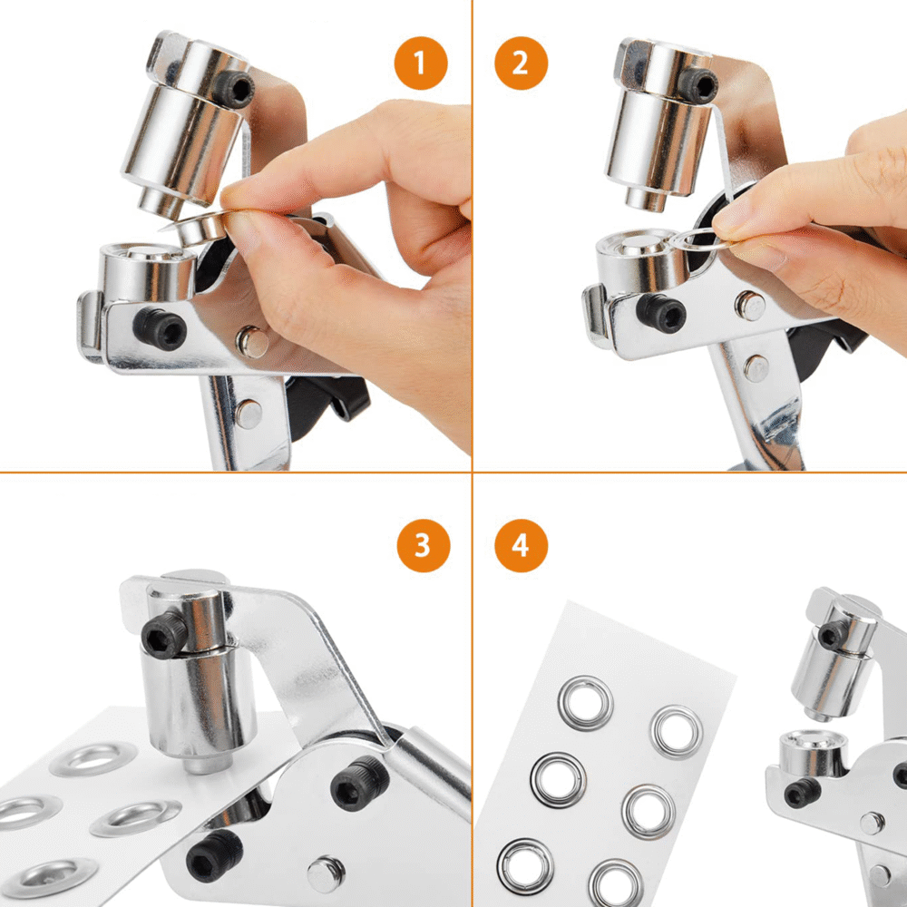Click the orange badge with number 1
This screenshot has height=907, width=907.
point(421,63)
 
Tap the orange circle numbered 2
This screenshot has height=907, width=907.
point(521,63)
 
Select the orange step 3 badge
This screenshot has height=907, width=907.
point(423,545)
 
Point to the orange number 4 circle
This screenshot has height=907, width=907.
point(521,545)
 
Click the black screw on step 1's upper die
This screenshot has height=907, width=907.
point(234,89)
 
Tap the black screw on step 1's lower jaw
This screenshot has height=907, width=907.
point(160,328)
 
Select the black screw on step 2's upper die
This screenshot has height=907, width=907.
point(697,85)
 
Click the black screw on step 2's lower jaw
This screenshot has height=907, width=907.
point(661,313)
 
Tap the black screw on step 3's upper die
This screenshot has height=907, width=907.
point(164,635)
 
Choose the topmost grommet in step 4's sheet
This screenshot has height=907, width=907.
point(585,703)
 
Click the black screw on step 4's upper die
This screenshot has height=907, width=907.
point(834,634)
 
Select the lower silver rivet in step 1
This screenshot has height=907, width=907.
point(249,414)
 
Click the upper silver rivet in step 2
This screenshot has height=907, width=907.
point(750,306)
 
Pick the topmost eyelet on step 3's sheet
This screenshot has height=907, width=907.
point(93,759)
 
